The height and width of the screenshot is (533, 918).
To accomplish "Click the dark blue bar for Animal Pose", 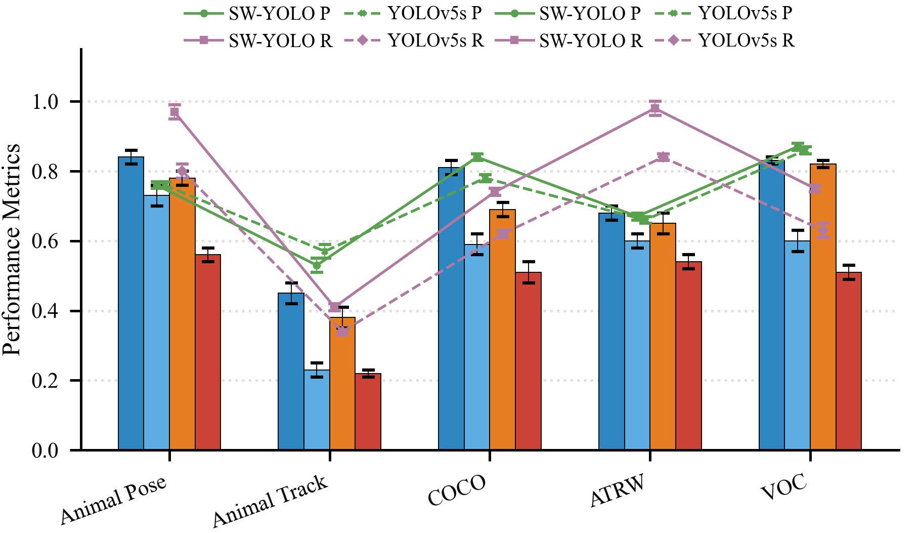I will coord(131,304).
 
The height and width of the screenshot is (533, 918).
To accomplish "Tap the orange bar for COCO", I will coord(502,330).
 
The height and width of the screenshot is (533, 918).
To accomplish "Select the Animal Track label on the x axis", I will coord(270,501).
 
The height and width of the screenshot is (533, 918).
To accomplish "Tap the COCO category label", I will coord(457,490).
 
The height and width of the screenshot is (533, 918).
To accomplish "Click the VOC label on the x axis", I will coord(783,487).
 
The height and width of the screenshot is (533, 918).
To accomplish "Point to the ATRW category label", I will coord(618,490).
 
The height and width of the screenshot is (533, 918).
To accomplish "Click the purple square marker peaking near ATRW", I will coord(655,108).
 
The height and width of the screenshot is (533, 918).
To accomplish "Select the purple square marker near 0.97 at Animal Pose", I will coord(174,112).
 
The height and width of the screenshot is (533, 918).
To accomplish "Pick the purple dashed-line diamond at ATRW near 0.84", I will coord(663,157).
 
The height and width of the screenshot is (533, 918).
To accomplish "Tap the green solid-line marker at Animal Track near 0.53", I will coord(317,265).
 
